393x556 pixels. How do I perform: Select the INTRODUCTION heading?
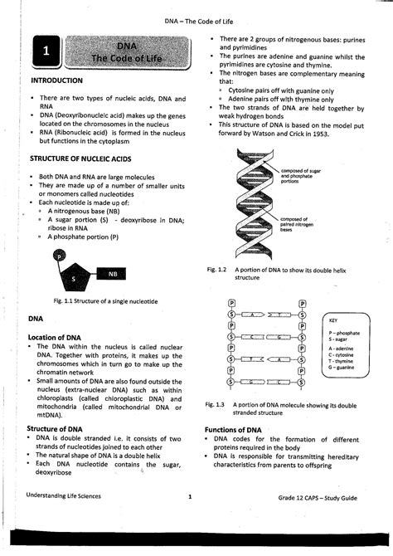(x=56, y=80)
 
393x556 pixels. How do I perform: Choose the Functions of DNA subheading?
(x=238, y=430)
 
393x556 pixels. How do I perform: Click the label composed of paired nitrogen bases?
(x=299, y=225)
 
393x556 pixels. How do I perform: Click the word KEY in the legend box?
(x=333, y=319)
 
